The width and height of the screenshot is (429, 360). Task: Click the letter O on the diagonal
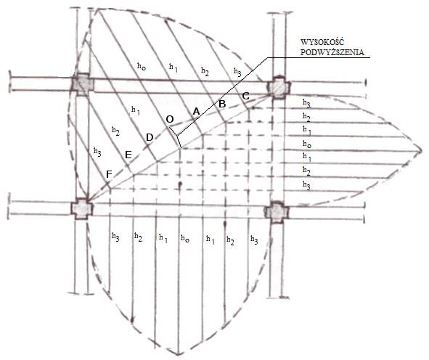(x=170, y=120)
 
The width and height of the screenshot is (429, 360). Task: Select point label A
(x=196, y=112)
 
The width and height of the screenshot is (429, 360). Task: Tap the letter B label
(x=222, y=104)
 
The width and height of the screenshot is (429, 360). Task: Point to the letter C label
(x=245, y=96)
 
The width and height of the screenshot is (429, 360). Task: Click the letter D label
(x=150, y=137)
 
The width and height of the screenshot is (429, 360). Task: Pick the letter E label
(x=128, y=155)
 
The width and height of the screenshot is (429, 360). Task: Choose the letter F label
(x=109, y=174)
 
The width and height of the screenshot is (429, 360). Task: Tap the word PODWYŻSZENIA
(x=332, y=52)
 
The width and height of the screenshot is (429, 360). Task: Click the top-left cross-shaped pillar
(x=83, y=84)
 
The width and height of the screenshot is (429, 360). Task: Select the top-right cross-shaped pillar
(x=279, y=88)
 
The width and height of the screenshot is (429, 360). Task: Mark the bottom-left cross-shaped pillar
(x=82, y=209)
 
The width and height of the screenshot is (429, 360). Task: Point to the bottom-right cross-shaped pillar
(x=277, y=212)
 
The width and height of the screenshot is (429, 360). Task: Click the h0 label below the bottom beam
(x=185, y=238)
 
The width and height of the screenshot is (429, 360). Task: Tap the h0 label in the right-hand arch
(x=307, y=144)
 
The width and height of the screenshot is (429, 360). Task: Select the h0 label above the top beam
(x=142, y=66)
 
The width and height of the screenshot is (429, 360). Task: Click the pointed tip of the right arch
(x=422, y=150)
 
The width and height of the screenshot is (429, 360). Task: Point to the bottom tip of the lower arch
(x=179, y=354)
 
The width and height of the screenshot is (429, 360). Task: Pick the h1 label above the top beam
(x=173, y=67)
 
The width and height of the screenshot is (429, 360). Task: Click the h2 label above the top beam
(x=205, y=71)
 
